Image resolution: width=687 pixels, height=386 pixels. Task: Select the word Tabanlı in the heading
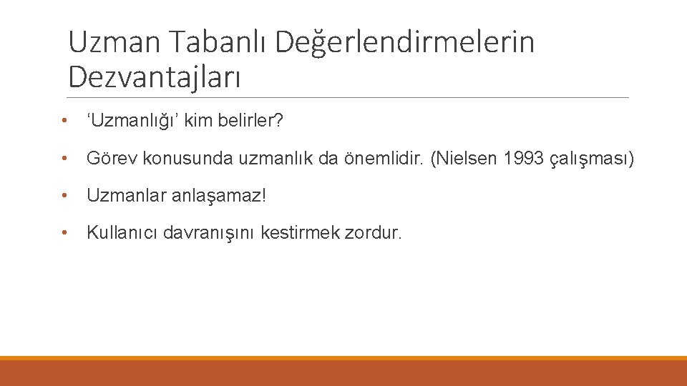click(218, 43)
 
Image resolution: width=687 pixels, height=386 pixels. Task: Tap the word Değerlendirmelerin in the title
click(405, 43)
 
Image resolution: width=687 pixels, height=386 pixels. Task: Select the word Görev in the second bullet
click(112, 159)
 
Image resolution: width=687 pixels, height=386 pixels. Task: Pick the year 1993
click(523, 159)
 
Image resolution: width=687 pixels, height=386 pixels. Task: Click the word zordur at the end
click(372, 232)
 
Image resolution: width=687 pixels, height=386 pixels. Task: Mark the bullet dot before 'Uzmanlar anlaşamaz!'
click(65, 195)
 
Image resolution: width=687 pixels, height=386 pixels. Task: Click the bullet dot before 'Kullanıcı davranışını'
click(65, 232)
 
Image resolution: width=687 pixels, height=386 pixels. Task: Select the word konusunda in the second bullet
click(177, 159)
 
